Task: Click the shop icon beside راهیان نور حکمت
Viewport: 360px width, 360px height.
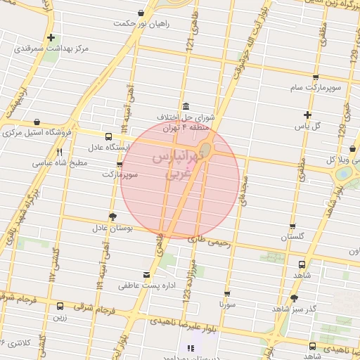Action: click(x=142, y=13)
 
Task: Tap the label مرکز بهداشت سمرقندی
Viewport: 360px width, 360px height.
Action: click(x=51, y=49)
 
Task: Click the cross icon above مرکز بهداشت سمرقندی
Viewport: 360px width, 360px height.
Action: click(x=51, y=37)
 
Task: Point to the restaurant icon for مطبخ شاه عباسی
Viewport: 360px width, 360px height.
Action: click(x=59, y=151)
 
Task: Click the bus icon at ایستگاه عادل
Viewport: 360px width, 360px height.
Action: click(x=108, y=137)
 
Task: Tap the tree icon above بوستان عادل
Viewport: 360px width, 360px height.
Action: click(x=112, y=217)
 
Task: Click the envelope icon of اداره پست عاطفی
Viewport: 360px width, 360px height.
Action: click(x=146, y=274)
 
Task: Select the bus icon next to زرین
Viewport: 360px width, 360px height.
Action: click(x=60, y=307)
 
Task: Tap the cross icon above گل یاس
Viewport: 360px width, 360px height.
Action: click(x=307, y=115)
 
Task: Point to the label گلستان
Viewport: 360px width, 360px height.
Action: click(x=295, y=237)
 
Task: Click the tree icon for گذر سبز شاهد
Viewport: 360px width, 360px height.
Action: click(x=294, y=298)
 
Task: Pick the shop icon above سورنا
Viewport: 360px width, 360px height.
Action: click(x=227, y=294)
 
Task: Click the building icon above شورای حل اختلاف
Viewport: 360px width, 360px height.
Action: click(x=186, y=107)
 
